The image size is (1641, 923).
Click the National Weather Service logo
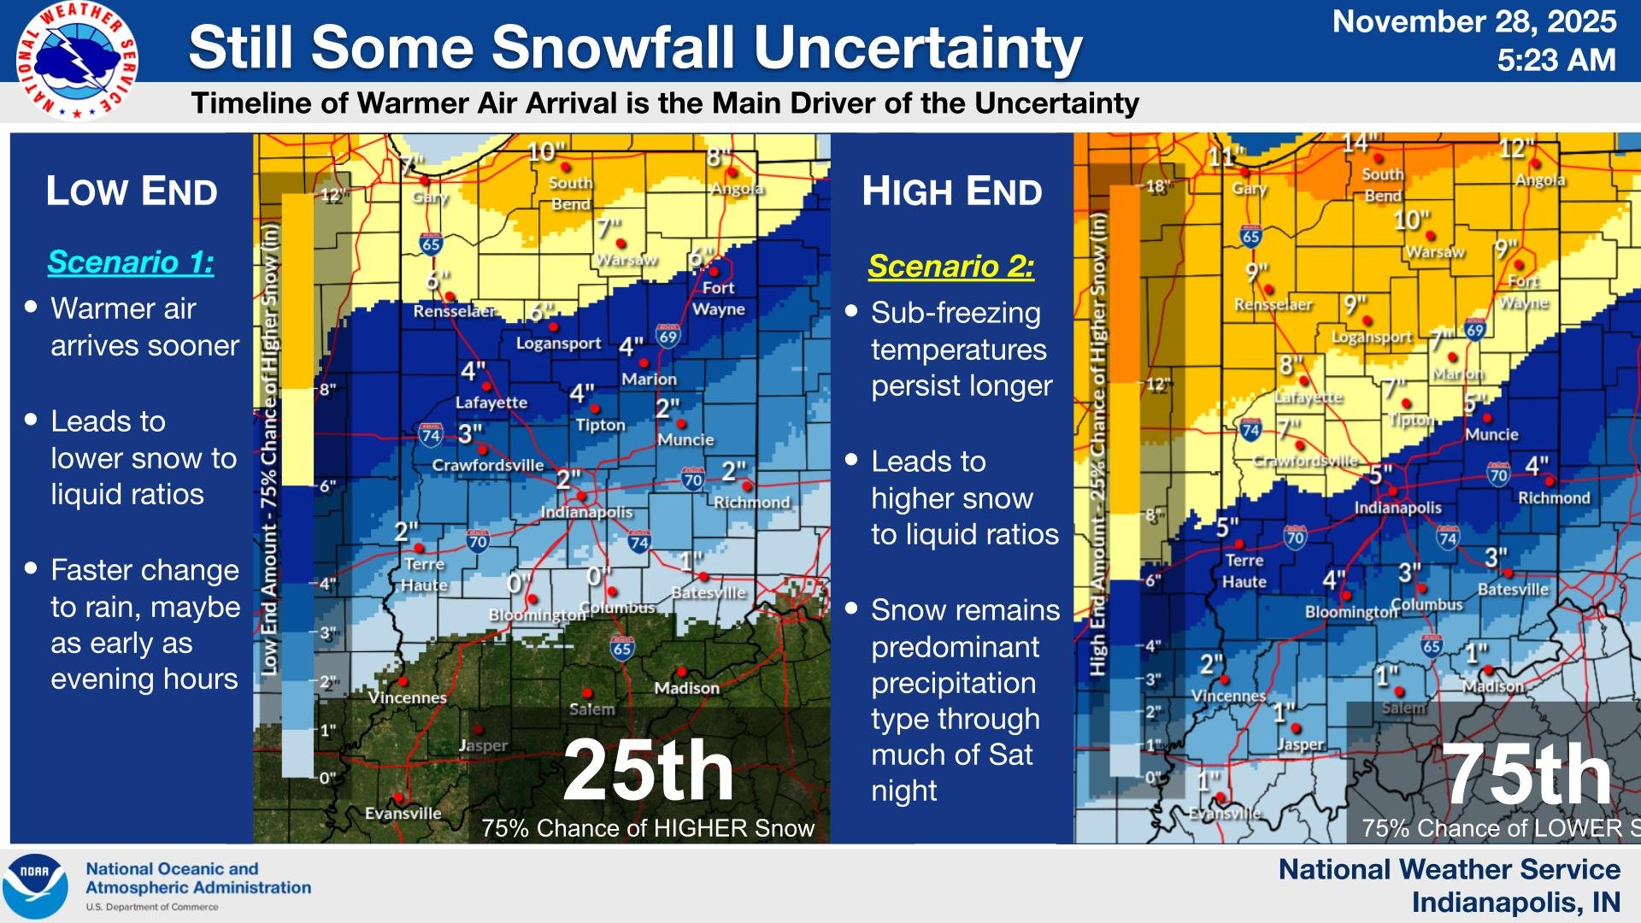point(77,61)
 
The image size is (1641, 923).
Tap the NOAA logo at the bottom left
point(35,885)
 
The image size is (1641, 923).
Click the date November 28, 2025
point(1473,21)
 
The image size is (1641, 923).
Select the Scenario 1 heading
point(131,262)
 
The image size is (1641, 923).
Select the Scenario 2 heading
point(950,267)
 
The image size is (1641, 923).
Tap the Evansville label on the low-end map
point(403,813)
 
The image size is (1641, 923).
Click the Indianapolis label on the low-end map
point(586,512)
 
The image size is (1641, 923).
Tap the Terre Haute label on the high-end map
point(1244,571)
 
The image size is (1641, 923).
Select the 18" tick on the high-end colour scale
point(1157,186)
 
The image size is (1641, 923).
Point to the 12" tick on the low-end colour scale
point(333,196)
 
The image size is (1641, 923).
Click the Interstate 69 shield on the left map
point(668,336)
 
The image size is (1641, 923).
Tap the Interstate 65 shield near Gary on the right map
point(1250,236)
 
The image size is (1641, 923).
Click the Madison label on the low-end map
point(686,688)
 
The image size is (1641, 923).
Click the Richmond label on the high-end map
point(1553,498)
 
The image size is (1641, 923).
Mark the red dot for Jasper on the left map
point(478,729)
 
